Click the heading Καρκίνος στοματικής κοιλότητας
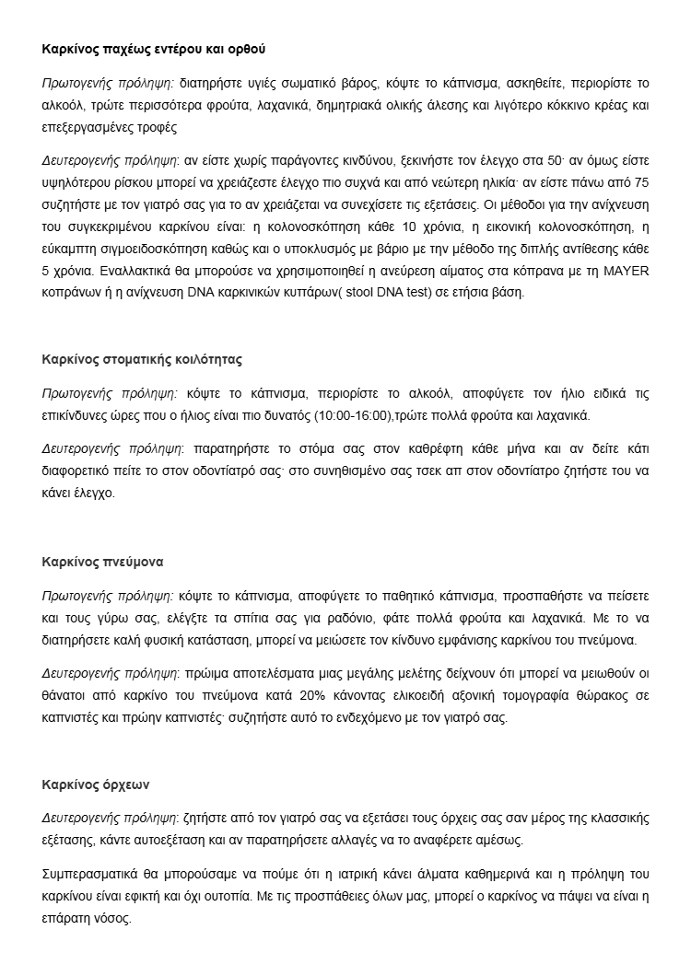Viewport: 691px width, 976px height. coord(143,359)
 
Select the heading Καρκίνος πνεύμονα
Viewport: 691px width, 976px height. coord(103,560)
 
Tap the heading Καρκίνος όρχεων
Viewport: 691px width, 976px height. coord(96,785)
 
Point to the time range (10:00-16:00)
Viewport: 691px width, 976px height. coord(353,416)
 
